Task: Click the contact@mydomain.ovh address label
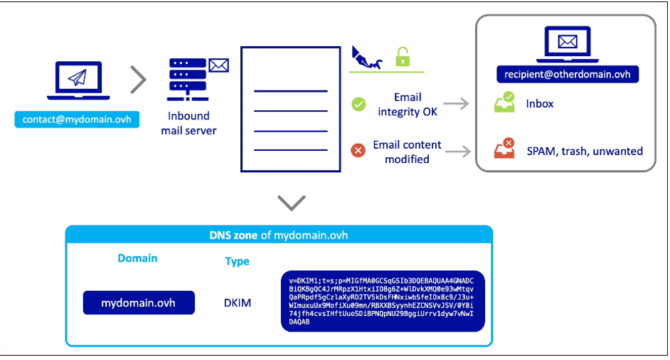click(77, 120)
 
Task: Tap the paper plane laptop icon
click(78, 80)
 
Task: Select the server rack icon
click(188, 80)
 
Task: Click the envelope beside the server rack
click(219, 65)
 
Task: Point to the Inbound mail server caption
click(188, 123)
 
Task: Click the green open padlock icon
click(403, 57)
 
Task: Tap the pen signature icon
click(366, 58)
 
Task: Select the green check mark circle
click(358, 104)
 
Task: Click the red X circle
click(358, 150)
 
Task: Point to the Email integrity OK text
click(408, 105)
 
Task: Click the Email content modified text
click(407, 152)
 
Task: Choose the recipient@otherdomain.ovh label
click(568, 75)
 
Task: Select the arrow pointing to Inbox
click(456, 103)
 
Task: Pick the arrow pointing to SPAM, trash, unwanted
click(457, 151)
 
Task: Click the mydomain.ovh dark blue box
click(139, 302)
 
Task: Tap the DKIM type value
click(238, 302)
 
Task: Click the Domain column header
click(137, 258)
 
